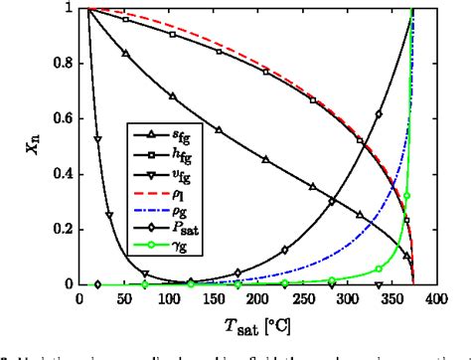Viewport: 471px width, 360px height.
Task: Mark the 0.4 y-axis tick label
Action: point(62,174)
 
